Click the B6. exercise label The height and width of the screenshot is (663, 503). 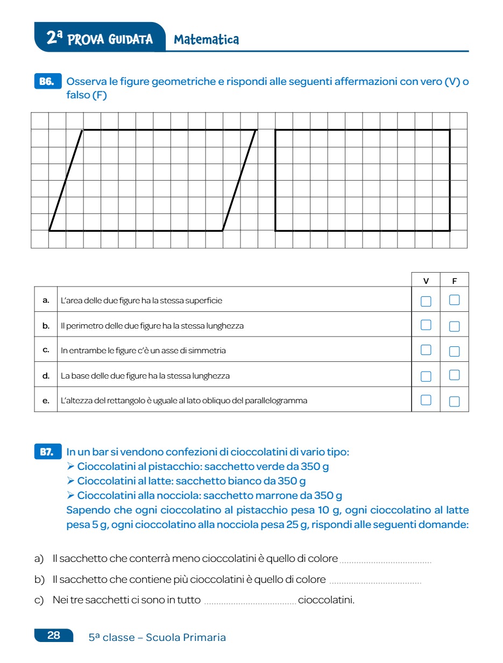(47, 82)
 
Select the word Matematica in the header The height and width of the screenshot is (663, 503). (207, 40)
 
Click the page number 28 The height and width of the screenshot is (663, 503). (54, 636)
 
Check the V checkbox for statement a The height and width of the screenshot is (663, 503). (426, 301)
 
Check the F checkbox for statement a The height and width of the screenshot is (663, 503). (455, 300)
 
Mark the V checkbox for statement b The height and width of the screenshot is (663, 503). (426, 325)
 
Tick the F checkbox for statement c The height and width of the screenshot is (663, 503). (455, 351)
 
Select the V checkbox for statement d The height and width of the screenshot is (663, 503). (426, 376)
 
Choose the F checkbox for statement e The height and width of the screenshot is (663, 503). (455, 401)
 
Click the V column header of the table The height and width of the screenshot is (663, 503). (426, 281)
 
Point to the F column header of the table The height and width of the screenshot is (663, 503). (455, 281)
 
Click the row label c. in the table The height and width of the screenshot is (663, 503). (46, 350)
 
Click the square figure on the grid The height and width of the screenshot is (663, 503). (363, 180)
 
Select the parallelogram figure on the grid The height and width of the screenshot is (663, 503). (153, 180)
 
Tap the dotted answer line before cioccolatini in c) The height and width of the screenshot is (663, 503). (250, 602)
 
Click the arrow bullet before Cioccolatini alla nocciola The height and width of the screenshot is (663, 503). (70, 495)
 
